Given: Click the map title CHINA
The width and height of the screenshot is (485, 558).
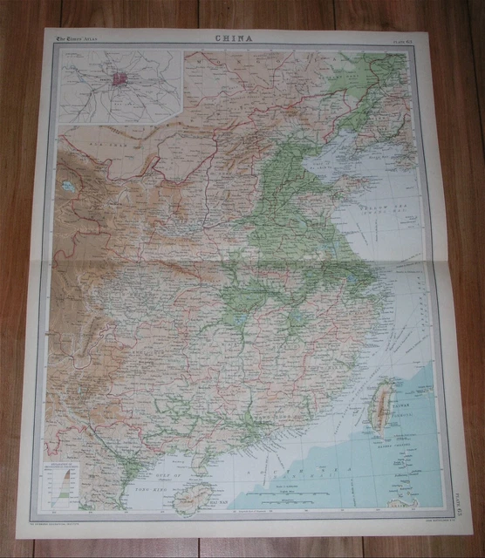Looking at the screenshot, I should pyautogui.click(x=233, y=38).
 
